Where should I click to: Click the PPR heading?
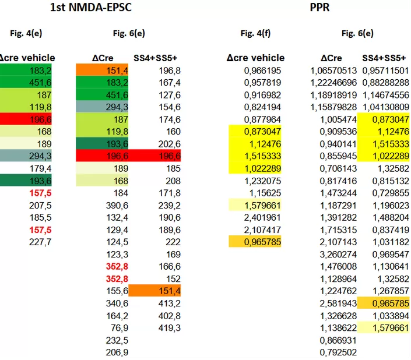coord(319,8)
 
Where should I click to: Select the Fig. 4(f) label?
coord(255,33)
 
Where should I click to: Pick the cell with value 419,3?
coord(169,327)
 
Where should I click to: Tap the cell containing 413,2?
coord(169,303)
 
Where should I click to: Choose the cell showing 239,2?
coord(169,205)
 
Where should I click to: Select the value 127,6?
coord(169,95)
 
